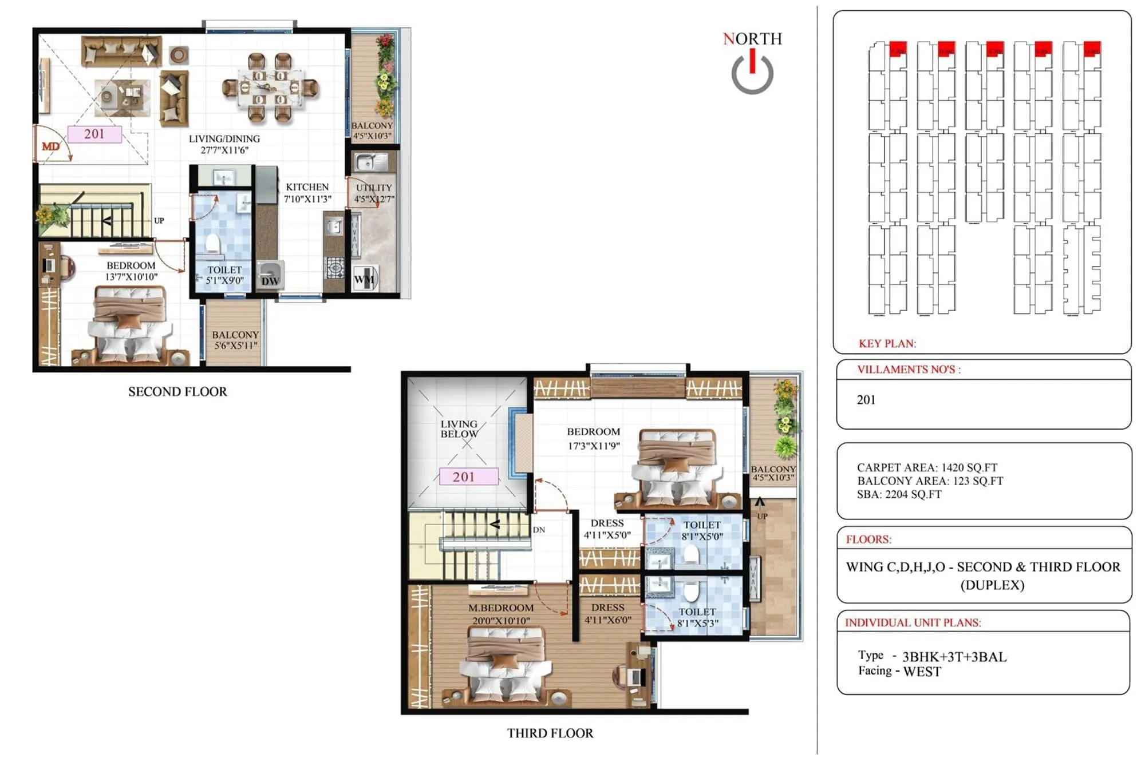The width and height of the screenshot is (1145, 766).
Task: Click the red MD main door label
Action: pos(50,146)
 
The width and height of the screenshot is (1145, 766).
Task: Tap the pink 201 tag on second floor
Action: pos(94,134)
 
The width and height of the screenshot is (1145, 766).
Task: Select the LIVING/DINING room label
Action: pos(224,144)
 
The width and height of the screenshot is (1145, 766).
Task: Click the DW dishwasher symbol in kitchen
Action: pos(270,280)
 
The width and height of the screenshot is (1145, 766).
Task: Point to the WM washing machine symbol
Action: pos(364,279)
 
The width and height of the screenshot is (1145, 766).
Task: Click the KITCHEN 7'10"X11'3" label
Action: pos(307,193)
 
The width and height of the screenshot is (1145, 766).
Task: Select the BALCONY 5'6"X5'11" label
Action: pos(235,340)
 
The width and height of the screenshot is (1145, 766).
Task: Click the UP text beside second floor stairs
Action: pos(159,220)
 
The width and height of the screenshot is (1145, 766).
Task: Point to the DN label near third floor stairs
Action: pos(539,530)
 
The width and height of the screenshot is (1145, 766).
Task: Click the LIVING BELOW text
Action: pos(459,429)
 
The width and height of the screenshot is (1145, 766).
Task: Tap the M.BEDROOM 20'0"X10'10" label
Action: pos(501,614)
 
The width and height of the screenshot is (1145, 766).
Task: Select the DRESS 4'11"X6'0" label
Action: pos(607,613)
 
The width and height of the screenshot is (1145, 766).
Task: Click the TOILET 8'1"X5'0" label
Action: pos(702,530)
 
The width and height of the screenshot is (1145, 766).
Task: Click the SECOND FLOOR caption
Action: pos(177,392)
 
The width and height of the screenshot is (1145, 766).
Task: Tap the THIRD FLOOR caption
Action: pos(550,733)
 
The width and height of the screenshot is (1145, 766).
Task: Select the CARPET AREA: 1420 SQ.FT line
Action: pos(927,467)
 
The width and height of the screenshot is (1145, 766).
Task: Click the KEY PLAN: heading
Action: pos(887,344)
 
